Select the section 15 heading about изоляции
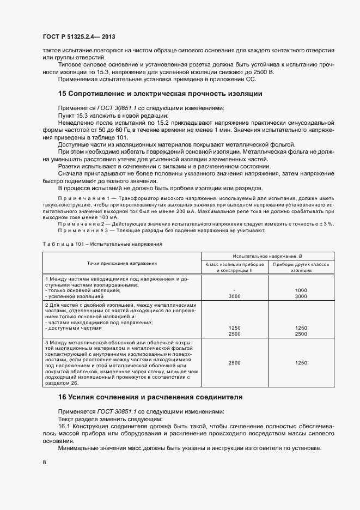point(160,94)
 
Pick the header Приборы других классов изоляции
point(301,266)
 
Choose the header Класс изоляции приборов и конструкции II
point(234,266)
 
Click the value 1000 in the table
point(301,290)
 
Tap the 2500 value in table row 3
point(234,362)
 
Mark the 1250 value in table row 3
point(301,362)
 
